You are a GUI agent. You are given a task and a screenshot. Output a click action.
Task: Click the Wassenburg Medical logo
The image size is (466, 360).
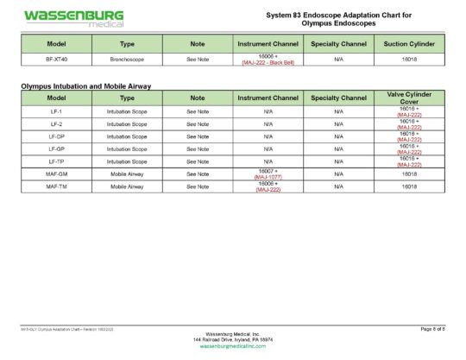(73, 18)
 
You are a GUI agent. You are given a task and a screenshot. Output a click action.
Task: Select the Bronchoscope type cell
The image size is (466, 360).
(127, 60)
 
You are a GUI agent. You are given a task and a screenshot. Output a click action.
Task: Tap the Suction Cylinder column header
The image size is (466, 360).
(409, 43)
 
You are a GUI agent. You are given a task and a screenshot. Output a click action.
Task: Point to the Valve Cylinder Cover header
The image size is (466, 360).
(409, 98)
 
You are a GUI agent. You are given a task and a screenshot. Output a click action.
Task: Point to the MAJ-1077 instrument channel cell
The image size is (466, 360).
(268, 174)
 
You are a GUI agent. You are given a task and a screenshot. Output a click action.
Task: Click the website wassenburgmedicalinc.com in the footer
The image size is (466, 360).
(232, 345)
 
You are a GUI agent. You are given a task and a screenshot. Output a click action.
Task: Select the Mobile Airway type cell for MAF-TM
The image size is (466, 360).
(127, 186)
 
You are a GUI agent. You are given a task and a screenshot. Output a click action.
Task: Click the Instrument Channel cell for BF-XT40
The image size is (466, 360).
(268, 60)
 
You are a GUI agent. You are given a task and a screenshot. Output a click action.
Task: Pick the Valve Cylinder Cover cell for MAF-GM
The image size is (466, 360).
(409, 174)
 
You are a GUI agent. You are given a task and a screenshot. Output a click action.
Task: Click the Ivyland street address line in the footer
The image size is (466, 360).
(232, 339)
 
